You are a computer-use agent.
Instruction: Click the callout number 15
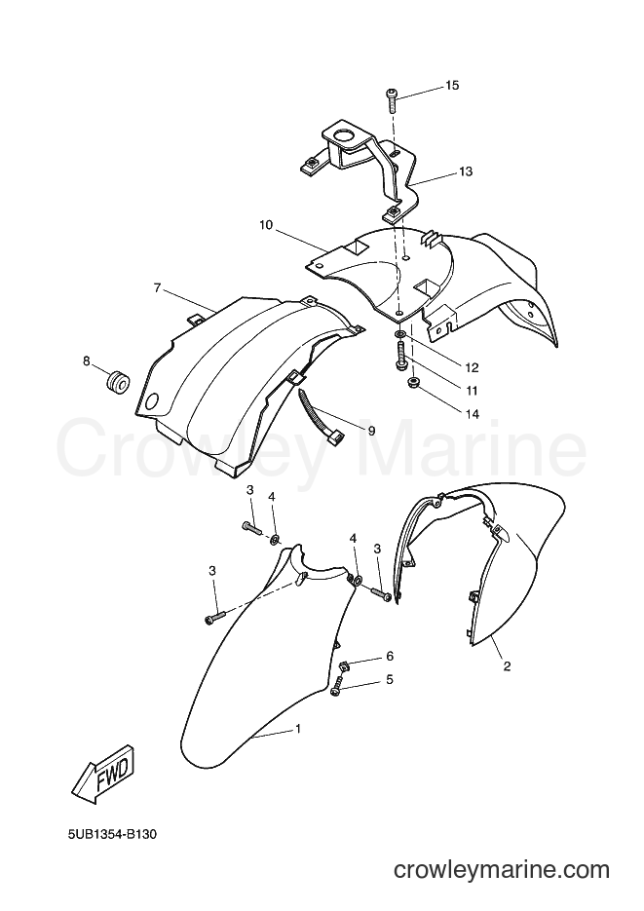click(x=452, y=86)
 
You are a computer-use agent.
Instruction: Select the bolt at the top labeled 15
click(x=392, y=101)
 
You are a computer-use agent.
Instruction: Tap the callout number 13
click(x=466, y=171)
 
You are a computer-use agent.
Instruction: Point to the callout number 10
click(x=266, y=225)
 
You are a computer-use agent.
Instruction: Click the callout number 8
click(x=87, y=361)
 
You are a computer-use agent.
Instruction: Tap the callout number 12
click(x=472, y=367)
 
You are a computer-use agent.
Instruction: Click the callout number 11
click(x=471, y=391)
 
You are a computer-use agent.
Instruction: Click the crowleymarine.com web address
click(x=502, y=870)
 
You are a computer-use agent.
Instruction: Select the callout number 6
click(x=390, y=656)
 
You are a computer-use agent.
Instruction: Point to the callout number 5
click(x=390, y=679)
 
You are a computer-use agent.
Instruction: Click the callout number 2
click(x=507, y=666)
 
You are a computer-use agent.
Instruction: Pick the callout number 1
click(x=298, y=728)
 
